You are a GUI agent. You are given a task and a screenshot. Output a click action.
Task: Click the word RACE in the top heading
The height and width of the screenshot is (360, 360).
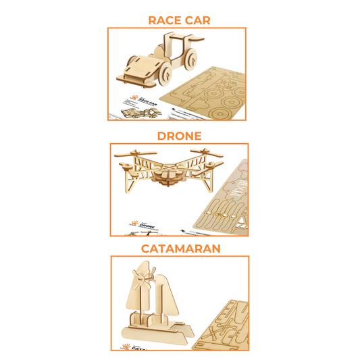pos(166,20)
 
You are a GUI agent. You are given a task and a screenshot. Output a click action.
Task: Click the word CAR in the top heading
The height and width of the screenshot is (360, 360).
pos(197,20)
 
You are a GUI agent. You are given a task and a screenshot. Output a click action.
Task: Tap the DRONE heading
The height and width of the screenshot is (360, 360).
pos(179,136)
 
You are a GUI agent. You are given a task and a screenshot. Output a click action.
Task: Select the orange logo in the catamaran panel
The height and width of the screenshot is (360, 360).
pos(124,345)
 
